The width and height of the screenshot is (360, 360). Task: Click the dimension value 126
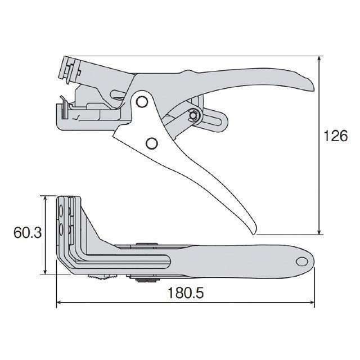pyautogui.click(x=335, y=136)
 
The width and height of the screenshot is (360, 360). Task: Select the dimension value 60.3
pyautogui.click(x=28, y=232)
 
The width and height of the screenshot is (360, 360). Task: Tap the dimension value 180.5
pyautogui.click(x=186, y=293)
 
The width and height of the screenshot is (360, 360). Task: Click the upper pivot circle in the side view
pyautogui.click(x=142, y=102)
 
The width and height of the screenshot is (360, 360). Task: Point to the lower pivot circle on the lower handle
pyautogui.click(x=152, y=143)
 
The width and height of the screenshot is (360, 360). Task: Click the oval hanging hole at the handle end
pyautogui.click(x=302, y=261)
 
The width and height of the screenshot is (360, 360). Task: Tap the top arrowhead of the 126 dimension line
pyautogui.click(x=319, y=59)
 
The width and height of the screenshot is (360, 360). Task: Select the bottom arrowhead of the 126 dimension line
pyautogui.click(x=319, y=231)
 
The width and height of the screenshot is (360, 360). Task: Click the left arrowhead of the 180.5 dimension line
pyautogui.click(x=60, y=303)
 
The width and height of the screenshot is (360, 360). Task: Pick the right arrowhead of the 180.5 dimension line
pyautogui.click(x=311, y=303)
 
